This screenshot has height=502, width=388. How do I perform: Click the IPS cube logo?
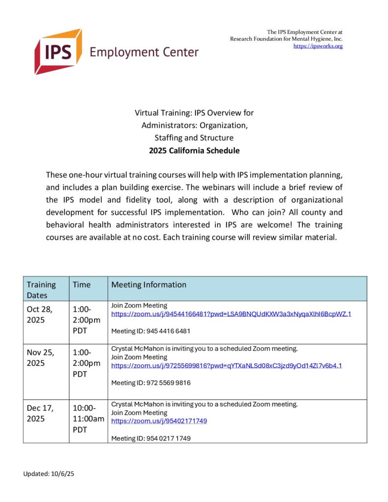click(x=58, y=51)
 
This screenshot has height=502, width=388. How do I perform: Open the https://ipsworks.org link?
click(x=318, y=46)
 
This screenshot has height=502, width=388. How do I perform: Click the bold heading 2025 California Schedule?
click(x=194, y=151)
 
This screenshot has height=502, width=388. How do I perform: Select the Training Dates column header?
click(x=42, y=290)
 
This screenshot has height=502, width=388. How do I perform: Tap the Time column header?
click(x=81, y=284)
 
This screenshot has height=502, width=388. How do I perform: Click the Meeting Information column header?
click(x=149, y=284)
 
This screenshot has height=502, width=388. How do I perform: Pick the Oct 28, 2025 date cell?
click(x=40, y=315)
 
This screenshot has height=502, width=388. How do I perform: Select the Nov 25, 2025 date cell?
click(x=40, y=357)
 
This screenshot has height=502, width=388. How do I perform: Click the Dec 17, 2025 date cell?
click(x=40, y=413)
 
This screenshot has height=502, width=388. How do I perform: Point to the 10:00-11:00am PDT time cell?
click(x=88, y=419)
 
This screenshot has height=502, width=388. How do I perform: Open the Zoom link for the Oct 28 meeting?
click(x=231, y=314)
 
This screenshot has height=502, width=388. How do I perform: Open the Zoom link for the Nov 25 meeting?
click(x=226, y=366)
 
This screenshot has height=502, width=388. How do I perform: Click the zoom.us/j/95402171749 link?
click(x=159, y=421)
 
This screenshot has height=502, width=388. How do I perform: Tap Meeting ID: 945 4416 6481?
click(x=151, y=331)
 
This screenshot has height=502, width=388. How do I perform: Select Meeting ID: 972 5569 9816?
click(x=151, y=383)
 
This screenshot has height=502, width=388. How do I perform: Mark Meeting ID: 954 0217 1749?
click(x=151, y=438)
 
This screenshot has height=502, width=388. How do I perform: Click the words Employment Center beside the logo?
click(x=144, y=52)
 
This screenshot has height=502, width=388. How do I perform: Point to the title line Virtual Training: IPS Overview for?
click(x=194, y=113)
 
